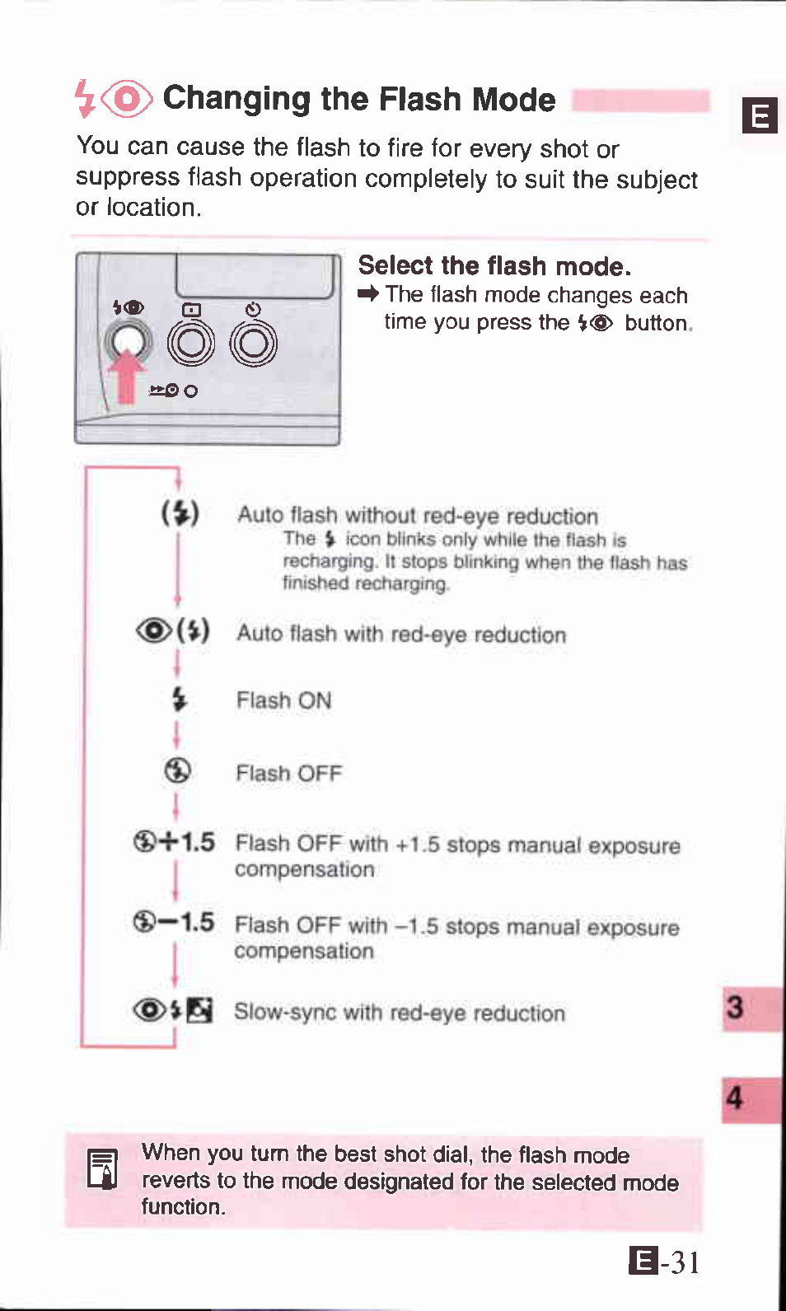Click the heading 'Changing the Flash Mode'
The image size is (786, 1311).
click(358, 99)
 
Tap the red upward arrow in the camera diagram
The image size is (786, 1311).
click(126, 376)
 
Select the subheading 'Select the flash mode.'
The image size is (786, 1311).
click(494, 265)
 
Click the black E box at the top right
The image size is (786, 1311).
click(759, 115)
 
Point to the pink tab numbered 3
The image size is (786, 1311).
click(749, 1008)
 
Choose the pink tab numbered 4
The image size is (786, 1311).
click(749, 1098)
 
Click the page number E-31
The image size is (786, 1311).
click(664, 1262)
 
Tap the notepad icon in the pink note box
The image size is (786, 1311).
click(103, 1169)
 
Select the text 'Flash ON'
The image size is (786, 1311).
click(283, 700)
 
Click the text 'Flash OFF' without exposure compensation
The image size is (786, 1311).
click(288, 773)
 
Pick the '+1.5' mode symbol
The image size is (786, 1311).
click(174, 841)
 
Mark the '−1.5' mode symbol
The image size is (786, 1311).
click(174, 921)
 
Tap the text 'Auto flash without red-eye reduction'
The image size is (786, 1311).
click(417, 516)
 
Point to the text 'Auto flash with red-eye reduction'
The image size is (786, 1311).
click(401, 634)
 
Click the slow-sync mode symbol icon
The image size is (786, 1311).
click(173, 1009)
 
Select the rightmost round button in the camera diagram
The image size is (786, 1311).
click(253, 343)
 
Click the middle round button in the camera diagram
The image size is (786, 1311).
click(191, 343)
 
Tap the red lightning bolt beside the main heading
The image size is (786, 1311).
click(83, 98)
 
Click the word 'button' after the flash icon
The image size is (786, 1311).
click(656, 323)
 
